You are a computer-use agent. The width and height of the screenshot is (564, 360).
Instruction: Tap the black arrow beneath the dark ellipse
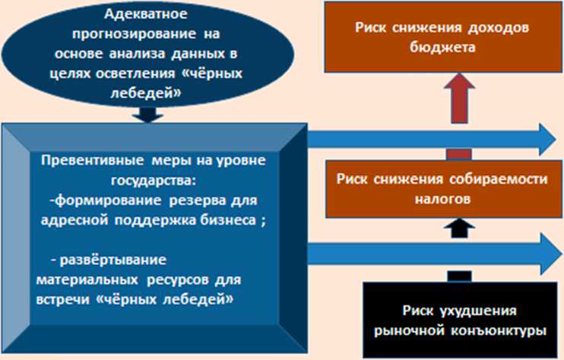coord(148,115)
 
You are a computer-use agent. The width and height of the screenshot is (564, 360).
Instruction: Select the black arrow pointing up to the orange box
coord(457,226)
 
